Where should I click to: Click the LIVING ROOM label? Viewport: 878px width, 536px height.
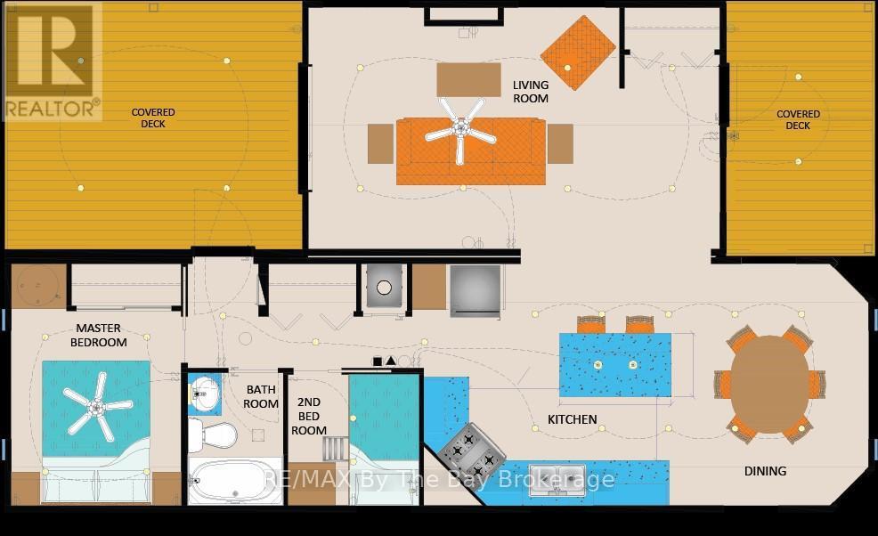[530, 92]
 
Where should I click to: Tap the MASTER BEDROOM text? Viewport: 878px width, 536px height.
[99, 335]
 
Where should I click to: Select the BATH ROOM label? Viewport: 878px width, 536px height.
[261, 396]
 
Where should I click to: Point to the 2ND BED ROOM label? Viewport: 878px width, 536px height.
[308, 416]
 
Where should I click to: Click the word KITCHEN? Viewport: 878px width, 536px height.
[573, 419]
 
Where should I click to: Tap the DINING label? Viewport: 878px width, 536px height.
[765, 471]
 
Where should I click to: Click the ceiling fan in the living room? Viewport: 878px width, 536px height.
[460, 131]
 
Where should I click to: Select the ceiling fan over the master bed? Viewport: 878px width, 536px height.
[97, 406]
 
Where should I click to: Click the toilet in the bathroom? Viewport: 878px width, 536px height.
[212, 434]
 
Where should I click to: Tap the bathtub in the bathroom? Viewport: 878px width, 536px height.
[234, 481]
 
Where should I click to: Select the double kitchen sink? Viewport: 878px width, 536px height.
[557, 480]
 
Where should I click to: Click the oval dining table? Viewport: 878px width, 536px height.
[770, 383]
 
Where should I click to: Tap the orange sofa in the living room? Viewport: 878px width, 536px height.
[470, 151]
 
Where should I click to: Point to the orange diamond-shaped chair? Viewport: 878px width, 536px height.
[578, 53]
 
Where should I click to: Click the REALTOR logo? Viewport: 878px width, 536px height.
[52, 61]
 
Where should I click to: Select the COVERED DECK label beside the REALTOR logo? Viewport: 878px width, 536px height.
[153, 118]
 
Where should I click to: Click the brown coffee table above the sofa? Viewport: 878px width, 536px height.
[468, 79]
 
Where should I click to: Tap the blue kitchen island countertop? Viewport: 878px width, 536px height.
[614, 365]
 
